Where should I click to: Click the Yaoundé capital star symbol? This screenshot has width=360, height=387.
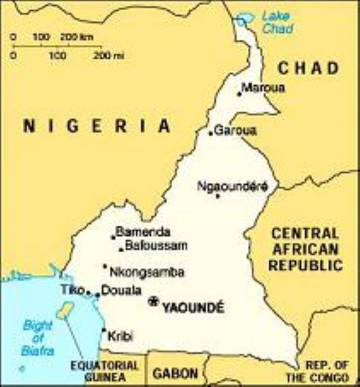(x=153, y=301)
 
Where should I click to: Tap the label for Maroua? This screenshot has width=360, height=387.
(x=263, y=88)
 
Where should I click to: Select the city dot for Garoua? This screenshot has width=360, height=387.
(x=210, y=133)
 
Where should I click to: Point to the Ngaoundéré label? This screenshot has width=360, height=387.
(x=232, y=186)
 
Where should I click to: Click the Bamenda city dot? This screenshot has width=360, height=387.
(x=113, y=237)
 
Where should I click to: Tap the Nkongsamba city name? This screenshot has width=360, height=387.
(x=147, y=272)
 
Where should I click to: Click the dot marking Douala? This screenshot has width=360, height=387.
(x=98, y=295)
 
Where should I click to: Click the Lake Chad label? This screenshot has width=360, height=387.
(x=277, y=22)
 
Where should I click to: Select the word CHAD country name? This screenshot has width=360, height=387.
(x=309, y=68)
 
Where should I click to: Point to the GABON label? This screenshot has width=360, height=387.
(x=175, y=373)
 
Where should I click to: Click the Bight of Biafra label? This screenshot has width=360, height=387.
(x=38, y=338)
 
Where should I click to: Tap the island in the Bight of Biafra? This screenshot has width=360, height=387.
(x=65, y=310)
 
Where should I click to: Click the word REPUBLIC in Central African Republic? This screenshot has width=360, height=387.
(x=305, y=266)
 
